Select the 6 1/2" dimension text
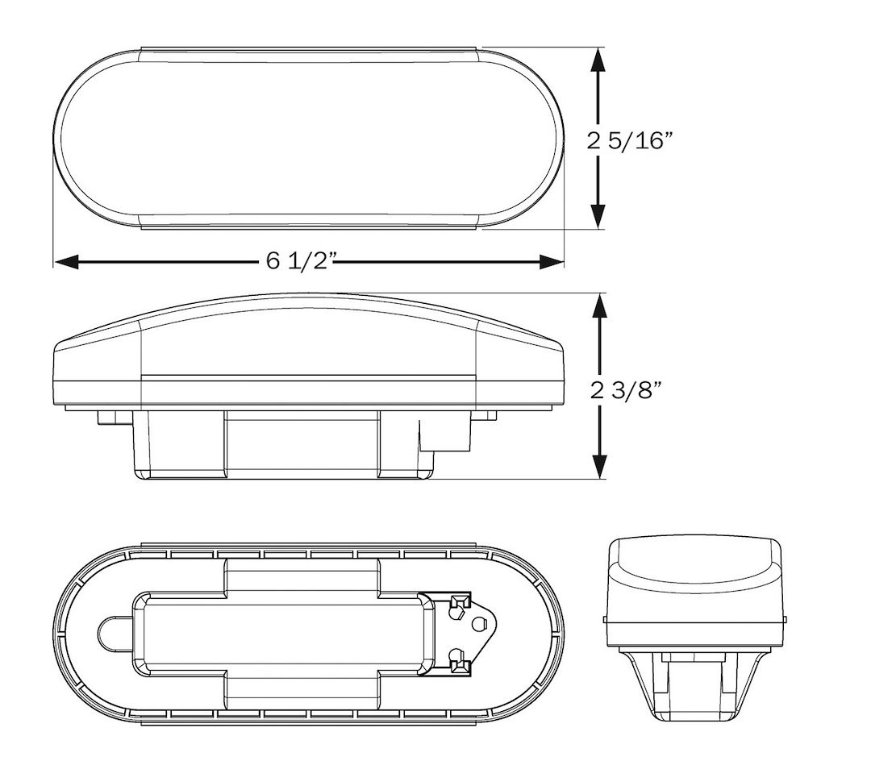(302, 260)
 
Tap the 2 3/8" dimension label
(627, 390)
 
